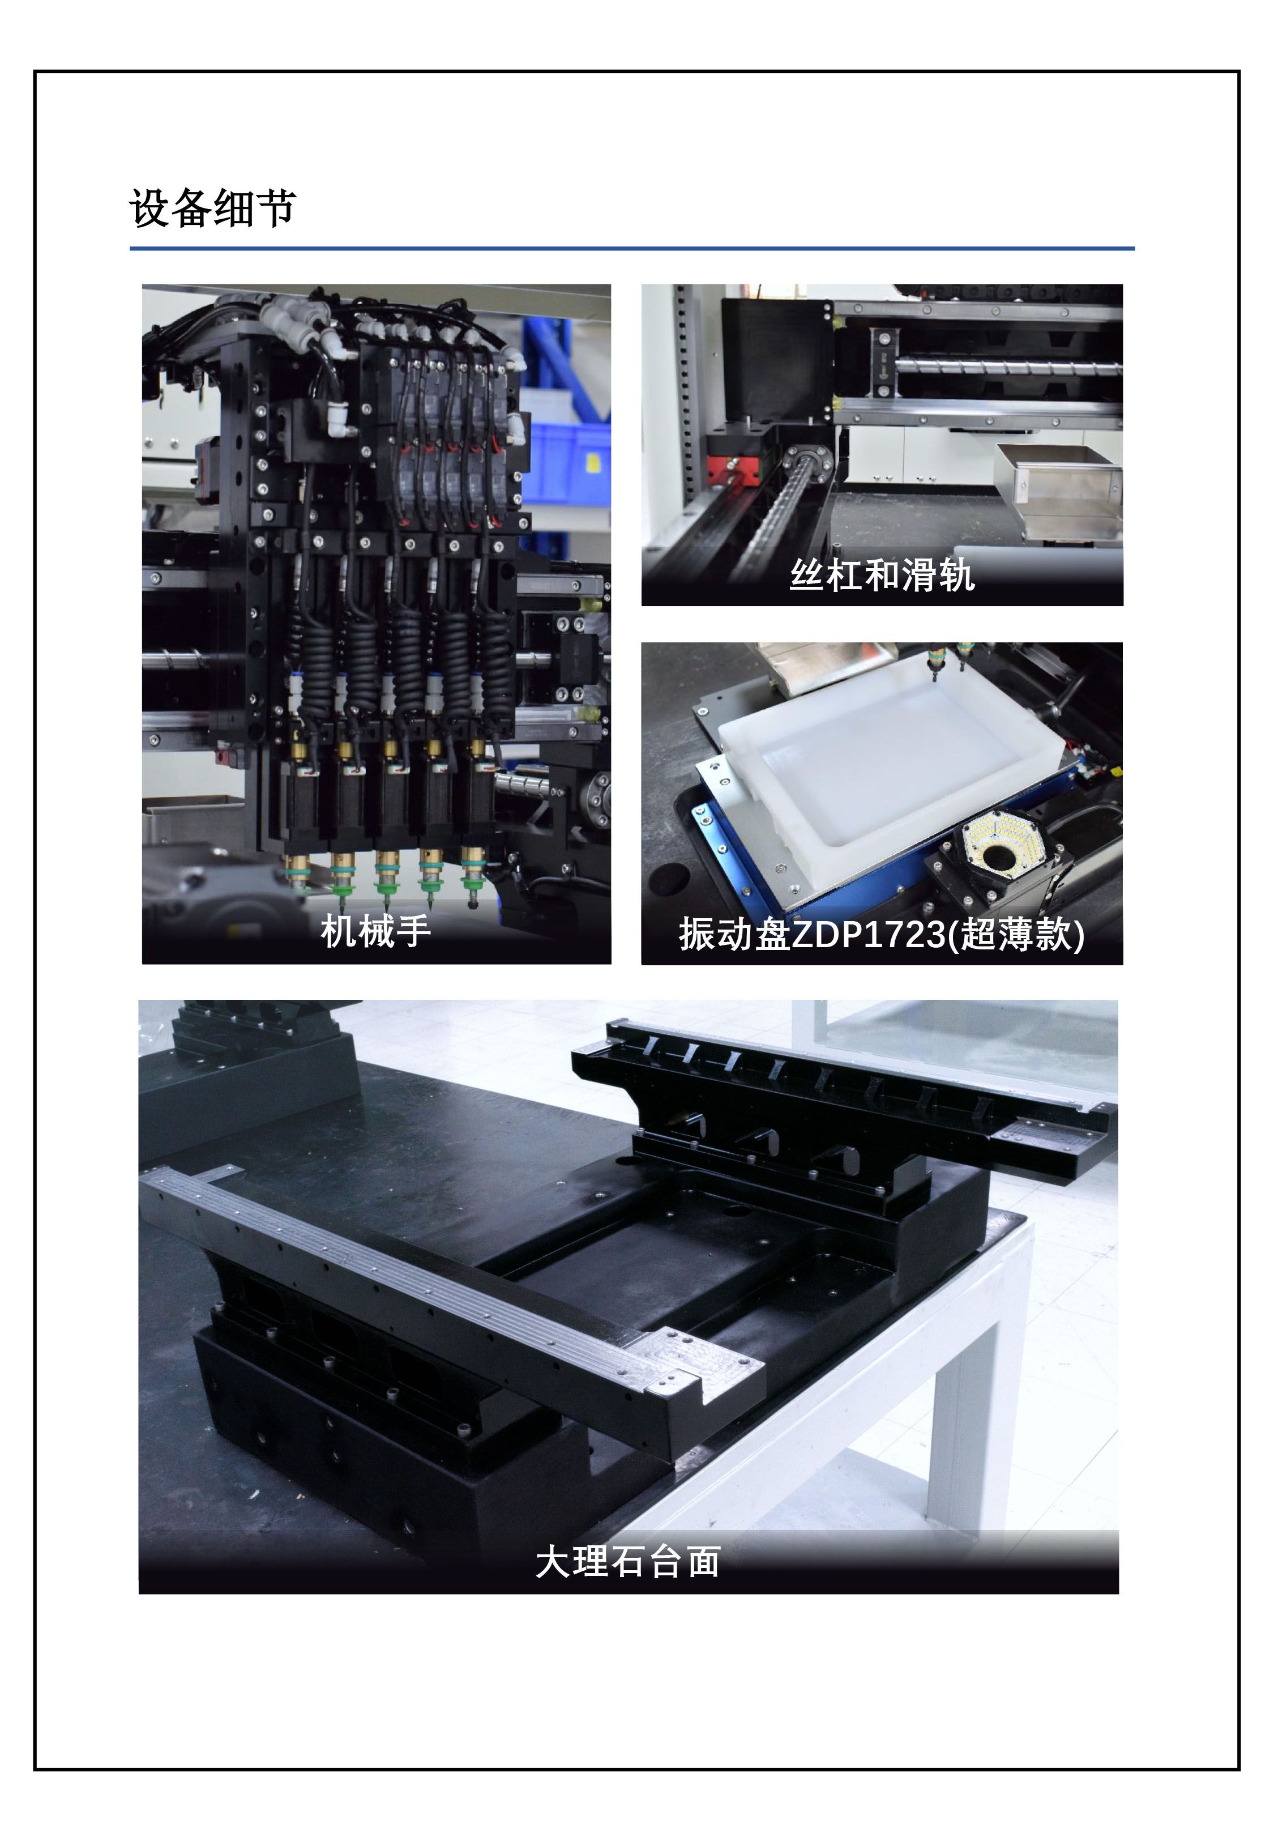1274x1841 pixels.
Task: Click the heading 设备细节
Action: (212, 208)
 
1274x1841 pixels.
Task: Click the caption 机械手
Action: (375, 931)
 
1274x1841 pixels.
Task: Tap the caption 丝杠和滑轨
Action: (882, 575)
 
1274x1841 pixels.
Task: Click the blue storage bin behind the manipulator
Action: (568, 463)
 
